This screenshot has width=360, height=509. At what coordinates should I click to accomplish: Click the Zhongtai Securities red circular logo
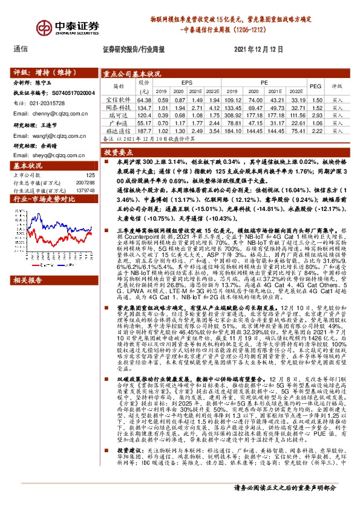pyautogui.click(x=45, y=28)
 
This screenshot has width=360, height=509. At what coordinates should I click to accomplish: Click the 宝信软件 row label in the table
pyautogui.click(x=114, y=99)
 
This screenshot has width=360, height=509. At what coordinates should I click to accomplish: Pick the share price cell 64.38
pyautogui.click(x=144, y=99)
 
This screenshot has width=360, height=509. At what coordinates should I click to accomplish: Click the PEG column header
pyautogui.click(x=316, y=86)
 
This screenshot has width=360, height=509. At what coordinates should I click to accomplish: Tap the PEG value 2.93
pyautogui.click(x=315, y=114)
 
